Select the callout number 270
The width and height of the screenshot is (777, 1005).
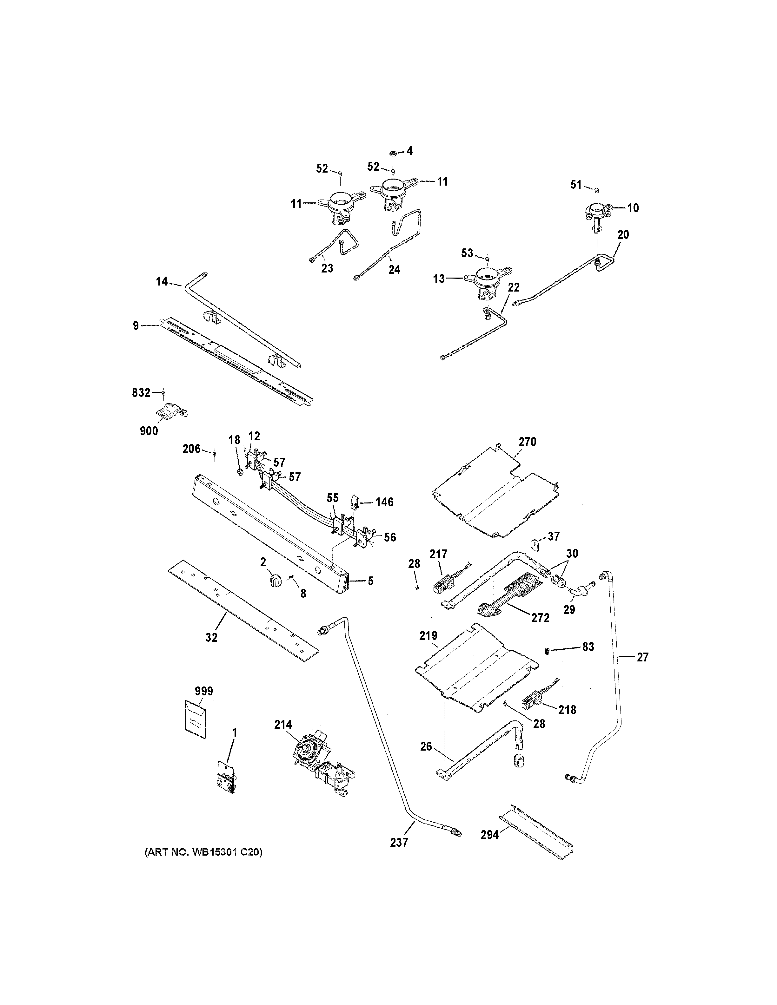point(528,442)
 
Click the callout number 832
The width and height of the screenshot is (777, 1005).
point(141,392)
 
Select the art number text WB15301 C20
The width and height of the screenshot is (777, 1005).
point(203,852)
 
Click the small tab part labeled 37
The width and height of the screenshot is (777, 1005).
point(534,543)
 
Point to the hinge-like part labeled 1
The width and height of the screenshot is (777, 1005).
point(227,777)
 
